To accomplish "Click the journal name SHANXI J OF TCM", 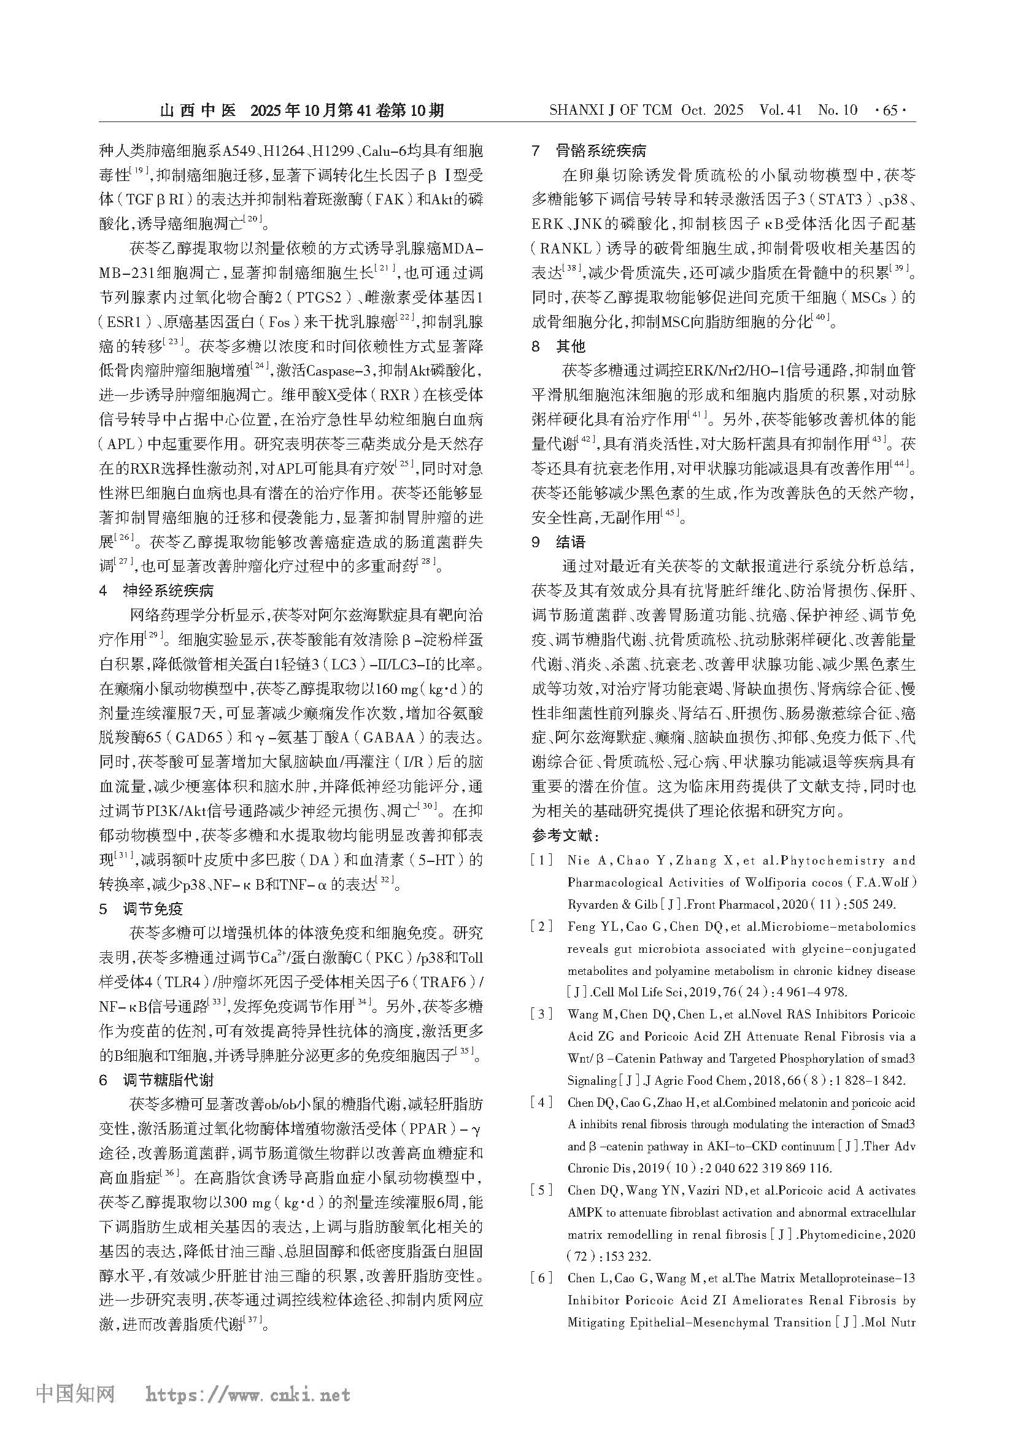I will (611, 110).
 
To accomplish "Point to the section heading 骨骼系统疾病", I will (601, 151).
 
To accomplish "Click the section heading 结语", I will (571, 542).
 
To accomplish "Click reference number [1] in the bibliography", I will (541, 861).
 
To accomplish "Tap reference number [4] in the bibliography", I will (541, 1102).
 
